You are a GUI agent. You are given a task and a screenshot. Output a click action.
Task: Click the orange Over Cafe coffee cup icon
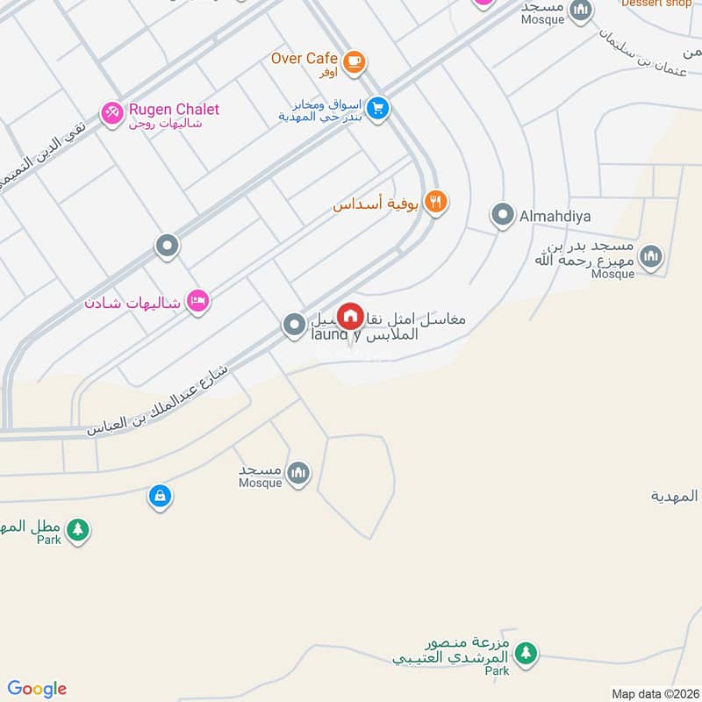click(x=354, y=61)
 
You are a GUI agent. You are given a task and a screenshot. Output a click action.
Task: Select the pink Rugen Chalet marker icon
click(x=111, y=113)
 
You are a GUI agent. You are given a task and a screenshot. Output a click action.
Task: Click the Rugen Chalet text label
click(x=174, y=110)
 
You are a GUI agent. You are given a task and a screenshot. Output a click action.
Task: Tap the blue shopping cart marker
click(x=378, y=109)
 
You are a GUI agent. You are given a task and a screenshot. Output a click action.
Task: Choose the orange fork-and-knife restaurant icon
click(x=435, y=203)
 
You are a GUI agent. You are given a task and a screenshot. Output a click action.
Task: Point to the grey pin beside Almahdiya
click(x=502, y=214)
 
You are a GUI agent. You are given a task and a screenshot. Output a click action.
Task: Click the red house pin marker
click(x=350, y=315)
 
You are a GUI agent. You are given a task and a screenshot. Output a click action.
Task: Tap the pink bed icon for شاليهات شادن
click(x=198, y=301)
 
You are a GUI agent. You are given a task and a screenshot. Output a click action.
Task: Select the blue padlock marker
click(x=159, y=496)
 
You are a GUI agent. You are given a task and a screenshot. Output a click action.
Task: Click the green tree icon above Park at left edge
click(x=78, y=529)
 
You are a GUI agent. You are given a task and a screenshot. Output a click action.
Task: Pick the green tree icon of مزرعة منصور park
click(x=525, y=653)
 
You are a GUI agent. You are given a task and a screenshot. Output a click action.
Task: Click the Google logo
click(x=37, y=689)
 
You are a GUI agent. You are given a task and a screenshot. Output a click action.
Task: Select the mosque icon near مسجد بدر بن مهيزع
click(x=650, y=256)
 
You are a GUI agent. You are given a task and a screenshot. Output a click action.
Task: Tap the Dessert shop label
click(x=656, y=4)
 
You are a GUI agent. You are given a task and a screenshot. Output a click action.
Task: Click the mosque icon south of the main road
click(x=298, y=474)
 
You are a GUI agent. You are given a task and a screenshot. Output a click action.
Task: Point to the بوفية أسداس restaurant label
click(x=376, y=204)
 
